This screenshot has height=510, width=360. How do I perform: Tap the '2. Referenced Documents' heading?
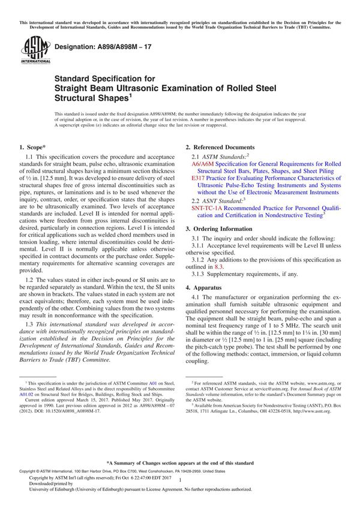click(220, 147)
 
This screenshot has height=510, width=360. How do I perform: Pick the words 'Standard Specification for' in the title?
click(104, 78)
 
